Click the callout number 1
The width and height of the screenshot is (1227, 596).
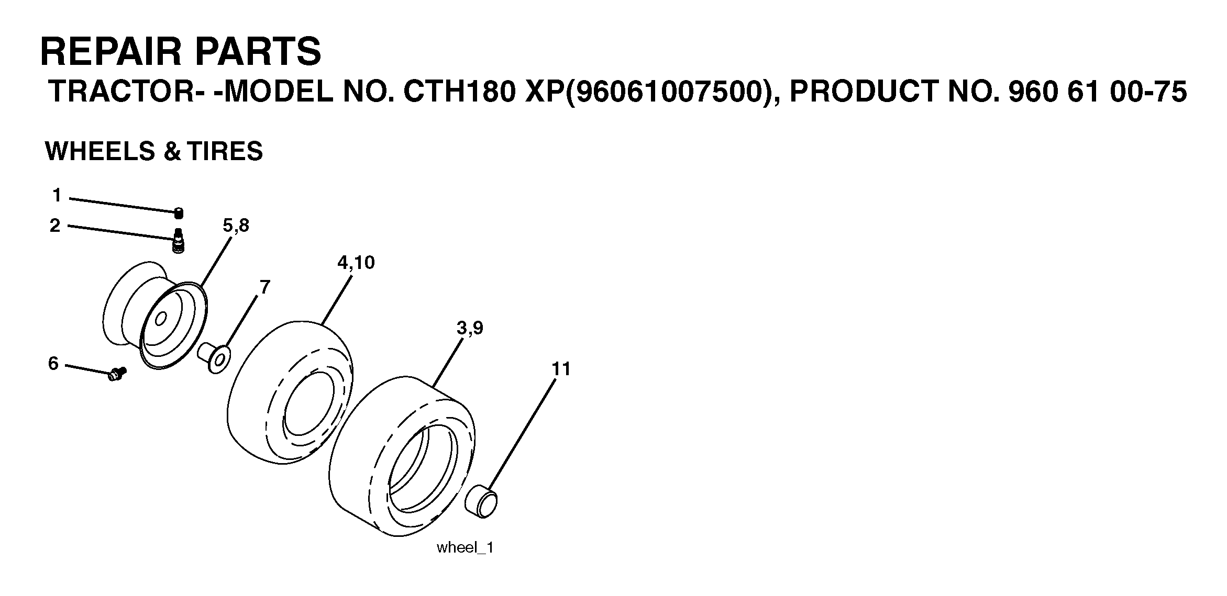(x=57, y=196)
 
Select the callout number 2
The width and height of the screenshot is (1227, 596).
(x=55, y=226)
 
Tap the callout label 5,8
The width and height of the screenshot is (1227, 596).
(x=236, y=226)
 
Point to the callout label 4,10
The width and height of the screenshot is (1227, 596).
(x=356, y=263)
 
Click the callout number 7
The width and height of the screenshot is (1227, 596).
(x=265, y=287)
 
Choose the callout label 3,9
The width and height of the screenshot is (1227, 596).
(x=470, y=329)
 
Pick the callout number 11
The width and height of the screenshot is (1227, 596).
(x=561, y=369)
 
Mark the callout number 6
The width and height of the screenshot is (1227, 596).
(x=53, y=363)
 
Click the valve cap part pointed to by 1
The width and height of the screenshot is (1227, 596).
(x=179, y=213)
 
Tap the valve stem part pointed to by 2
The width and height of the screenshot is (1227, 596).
(x=179, y=241)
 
